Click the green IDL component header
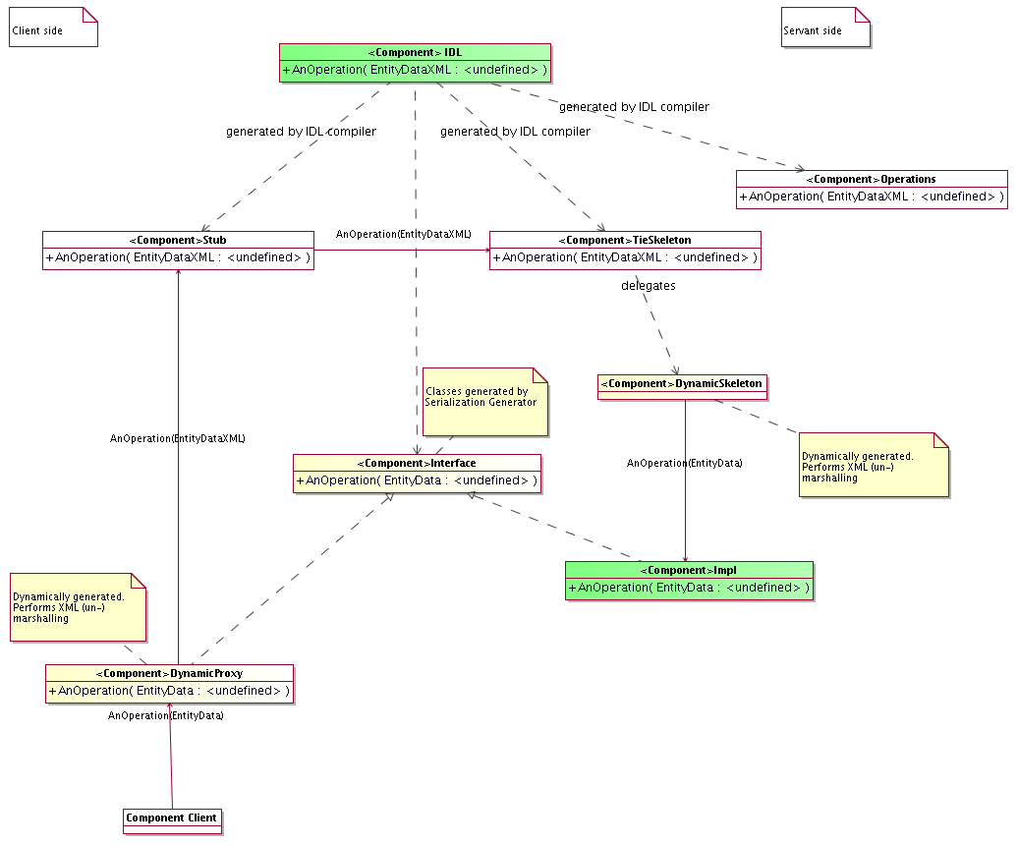(x=415, y=52)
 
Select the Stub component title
(x=178, y=240)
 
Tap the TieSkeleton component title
(x=625, y=240)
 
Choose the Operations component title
(x=872, y=179)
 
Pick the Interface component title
(x=417, y=463)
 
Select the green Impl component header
(x=689, y=570)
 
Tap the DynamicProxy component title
(x=170, y=673)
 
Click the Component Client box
(x=172, y=819)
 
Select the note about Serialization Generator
(x=484, y=402)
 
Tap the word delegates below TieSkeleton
(x=649, y=286)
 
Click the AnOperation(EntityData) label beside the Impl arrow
(x=685, y=463)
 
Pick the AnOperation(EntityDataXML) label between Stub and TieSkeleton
(x=404, y=235)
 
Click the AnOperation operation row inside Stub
(x=178, y=258)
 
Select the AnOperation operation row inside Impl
(x=689, y=588)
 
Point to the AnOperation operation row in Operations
(x=872, y=197)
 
